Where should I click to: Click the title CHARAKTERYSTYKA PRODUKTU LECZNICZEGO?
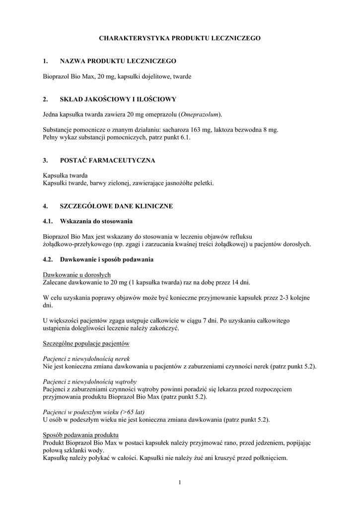click(180, 38)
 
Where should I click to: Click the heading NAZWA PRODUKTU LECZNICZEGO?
click(118, 61)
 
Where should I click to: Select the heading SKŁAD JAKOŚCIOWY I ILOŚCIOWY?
click(118, 99)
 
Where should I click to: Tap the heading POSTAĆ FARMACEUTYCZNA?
click(107, 160)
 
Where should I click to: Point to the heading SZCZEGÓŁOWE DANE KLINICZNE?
click(116, 206)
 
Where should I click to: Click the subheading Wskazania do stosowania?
click(96, 221)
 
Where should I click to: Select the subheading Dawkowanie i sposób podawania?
click(106, 259)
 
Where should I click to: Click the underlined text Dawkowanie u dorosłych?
click(77, 275)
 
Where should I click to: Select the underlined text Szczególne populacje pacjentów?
click(86, 343)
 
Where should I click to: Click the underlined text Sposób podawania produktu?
click(81, 435)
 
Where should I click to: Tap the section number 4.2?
click(48, 259)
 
